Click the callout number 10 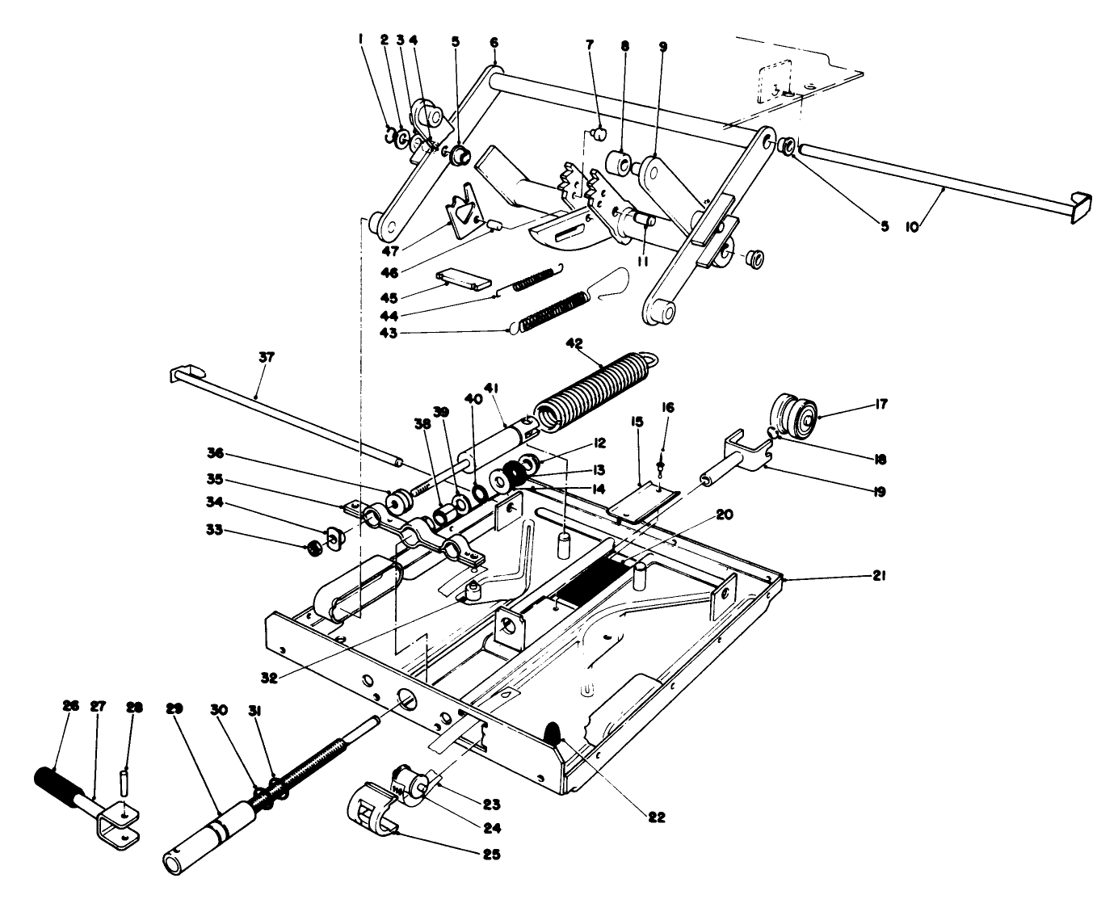point(911,229)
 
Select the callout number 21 point(880,576)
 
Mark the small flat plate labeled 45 point(464,279)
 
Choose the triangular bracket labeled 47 point(464,212)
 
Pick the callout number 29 point(174,708)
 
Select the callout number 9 point(662,47)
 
